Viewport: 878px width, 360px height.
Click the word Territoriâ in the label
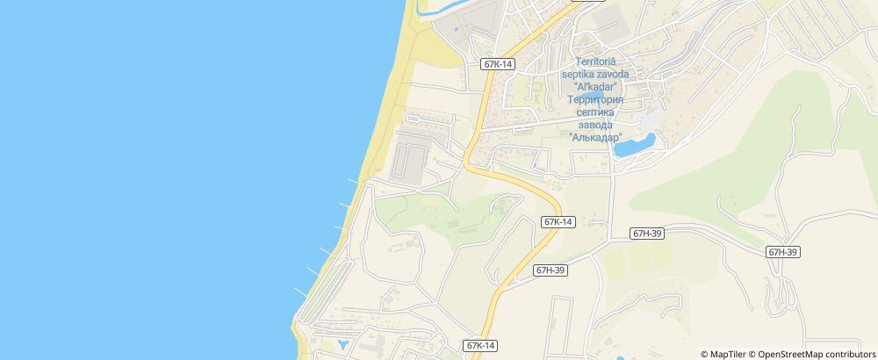[596, 61]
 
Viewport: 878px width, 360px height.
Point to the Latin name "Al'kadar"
[596, 87]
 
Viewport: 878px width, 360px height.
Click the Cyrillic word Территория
[596, 100]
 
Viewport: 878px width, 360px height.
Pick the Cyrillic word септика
[596, 112]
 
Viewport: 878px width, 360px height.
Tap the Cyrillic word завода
[596, 125]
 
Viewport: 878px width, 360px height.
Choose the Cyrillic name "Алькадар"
[596, 138]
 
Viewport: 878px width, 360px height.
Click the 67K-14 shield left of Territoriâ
[498, 64]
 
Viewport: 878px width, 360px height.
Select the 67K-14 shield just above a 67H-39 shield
[558, 222]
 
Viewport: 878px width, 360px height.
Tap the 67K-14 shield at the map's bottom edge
[482, 346]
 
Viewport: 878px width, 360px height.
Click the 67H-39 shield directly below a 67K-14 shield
[551, 270]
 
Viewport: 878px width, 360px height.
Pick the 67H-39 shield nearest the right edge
[782, 252]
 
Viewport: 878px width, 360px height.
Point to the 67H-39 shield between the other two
[647, 234]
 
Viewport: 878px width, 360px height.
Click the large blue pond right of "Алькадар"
[634, 145]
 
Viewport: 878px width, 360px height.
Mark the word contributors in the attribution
[852, 354]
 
